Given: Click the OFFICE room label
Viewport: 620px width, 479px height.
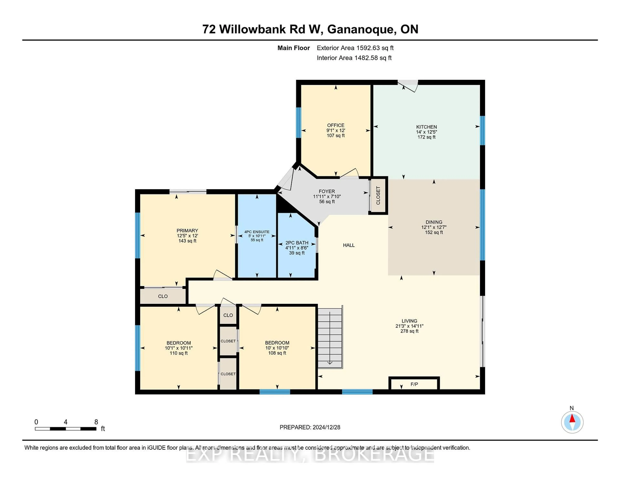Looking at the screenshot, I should (x=336, y=125).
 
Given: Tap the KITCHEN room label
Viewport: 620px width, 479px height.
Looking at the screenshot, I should (x=426, y=127).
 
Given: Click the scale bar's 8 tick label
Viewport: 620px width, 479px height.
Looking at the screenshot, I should (x=96, y=422).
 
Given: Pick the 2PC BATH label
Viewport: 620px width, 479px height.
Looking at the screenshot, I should (x=297, y=243).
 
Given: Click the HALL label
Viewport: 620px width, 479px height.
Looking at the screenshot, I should (x=349, y=245).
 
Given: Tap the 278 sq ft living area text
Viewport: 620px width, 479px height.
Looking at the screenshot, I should (x=409, y=331).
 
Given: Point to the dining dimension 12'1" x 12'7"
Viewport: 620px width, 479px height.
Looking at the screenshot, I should (x=434, y=227).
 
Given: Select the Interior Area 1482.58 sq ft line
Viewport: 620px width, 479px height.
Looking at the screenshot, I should (x=354, y=58).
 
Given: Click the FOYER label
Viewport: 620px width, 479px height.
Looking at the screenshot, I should (x=327, y=191).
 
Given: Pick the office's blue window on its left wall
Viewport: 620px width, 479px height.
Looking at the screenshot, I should (x=298, y=123).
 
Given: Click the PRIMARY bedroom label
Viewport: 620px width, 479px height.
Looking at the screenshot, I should (x=187, y=230).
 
